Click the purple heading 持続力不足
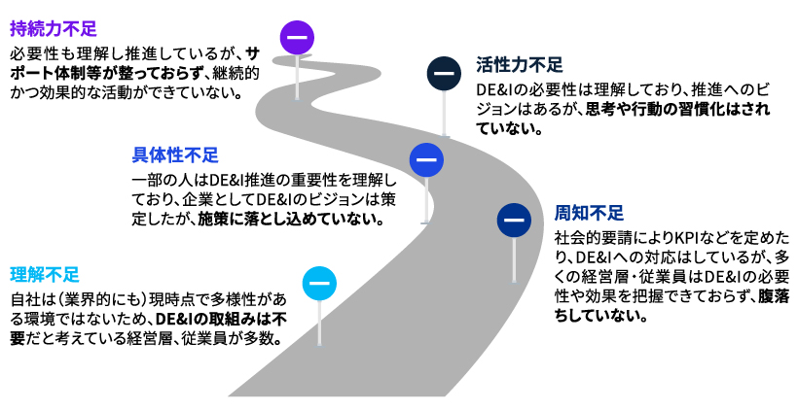pyautogui.click(x=54, y=28)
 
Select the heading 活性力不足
pyautogui.click(x=520, y=66)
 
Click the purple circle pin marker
pyautogui.click(x=296, y=38)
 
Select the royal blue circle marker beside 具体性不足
pyautogui.click(x=425, y=159)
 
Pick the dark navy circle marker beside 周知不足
pyautogui.click(x=513, y=220)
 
